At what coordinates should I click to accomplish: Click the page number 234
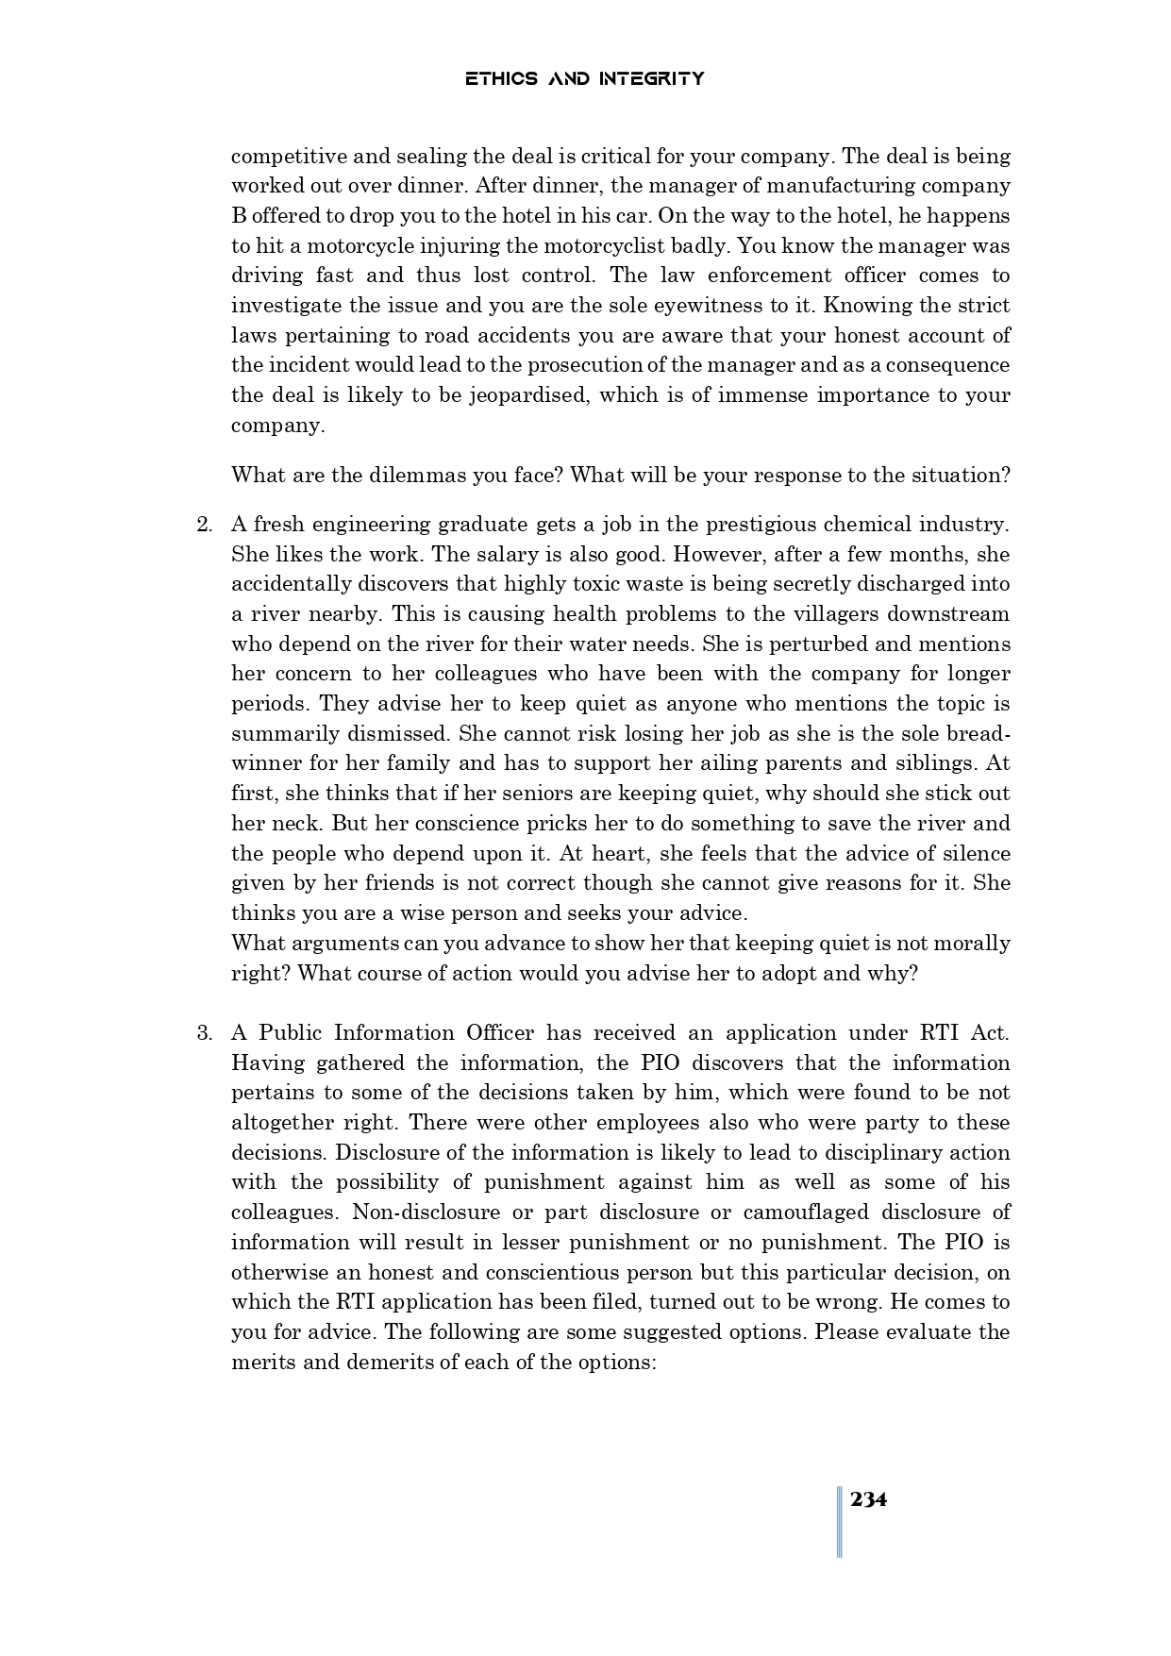(868, 1499)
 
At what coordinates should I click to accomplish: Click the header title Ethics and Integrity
(584, 78)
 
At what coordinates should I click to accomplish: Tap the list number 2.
(204, 525)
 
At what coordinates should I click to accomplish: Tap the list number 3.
(204, 1033)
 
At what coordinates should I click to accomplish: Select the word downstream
(937, 614)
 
